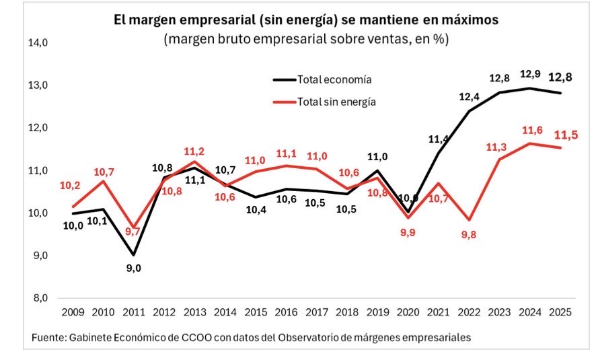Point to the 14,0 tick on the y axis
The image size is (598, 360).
point(38,42)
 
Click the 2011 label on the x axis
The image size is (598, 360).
point(133,313)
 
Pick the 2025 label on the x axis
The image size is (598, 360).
point(560,313)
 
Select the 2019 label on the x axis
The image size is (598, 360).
point(377,313)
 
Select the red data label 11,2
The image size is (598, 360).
point(194,151)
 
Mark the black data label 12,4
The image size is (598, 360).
point(469,97)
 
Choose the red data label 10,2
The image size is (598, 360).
point(71,186)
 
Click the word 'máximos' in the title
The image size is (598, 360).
point(465,20)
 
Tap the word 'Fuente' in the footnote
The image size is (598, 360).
point(48,338)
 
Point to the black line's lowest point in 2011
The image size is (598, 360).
point(133,255)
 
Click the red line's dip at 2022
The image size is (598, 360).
point(469,220)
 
